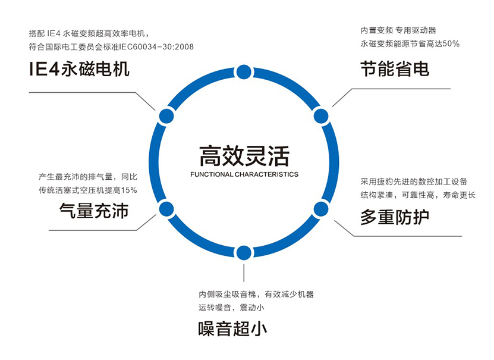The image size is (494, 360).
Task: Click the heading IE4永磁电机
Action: [79, 70]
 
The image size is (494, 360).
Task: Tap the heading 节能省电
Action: [395, 70]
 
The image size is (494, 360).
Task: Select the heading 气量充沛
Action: [94, 211]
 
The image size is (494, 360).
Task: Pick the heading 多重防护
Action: [395, 218]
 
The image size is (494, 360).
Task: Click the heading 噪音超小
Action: [232, 328]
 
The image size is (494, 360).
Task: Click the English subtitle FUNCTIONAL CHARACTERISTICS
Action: [244, 174]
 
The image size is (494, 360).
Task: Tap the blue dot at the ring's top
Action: [243, 73]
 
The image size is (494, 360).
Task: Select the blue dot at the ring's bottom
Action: [243, 253]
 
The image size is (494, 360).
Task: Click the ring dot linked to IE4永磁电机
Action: [166, 116]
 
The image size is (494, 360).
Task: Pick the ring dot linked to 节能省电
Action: [321, 116]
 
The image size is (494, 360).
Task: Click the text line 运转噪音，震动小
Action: [231, 307]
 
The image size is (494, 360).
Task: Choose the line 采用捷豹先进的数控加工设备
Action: [414, 181]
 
